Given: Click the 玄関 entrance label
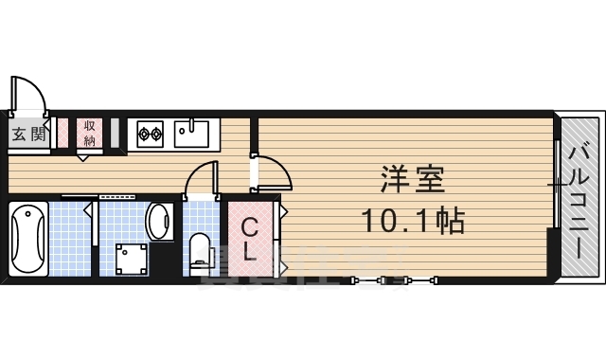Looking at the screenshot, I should (x=27, y=134).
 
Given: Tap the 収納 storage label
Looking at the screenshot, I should (x=89, y=133).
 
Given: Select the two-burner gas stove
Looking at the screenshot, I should (x=150, y=134).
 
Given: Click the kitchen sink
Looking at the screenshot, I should (x=197, y=133).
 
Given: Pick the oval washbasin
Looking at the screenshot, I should (x=158, y=221).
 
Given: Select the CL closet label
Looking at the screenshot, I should (x=249, y=239).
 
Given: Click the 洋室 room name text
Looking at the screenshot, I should (x=413, y=179).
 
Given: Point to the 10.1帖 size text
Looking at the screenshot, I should (x=411, y=222).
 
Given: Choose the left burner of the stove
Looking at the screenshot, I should (x=144, y=134).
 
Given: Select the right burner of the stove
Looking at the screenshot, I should (x=156, y=134).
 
